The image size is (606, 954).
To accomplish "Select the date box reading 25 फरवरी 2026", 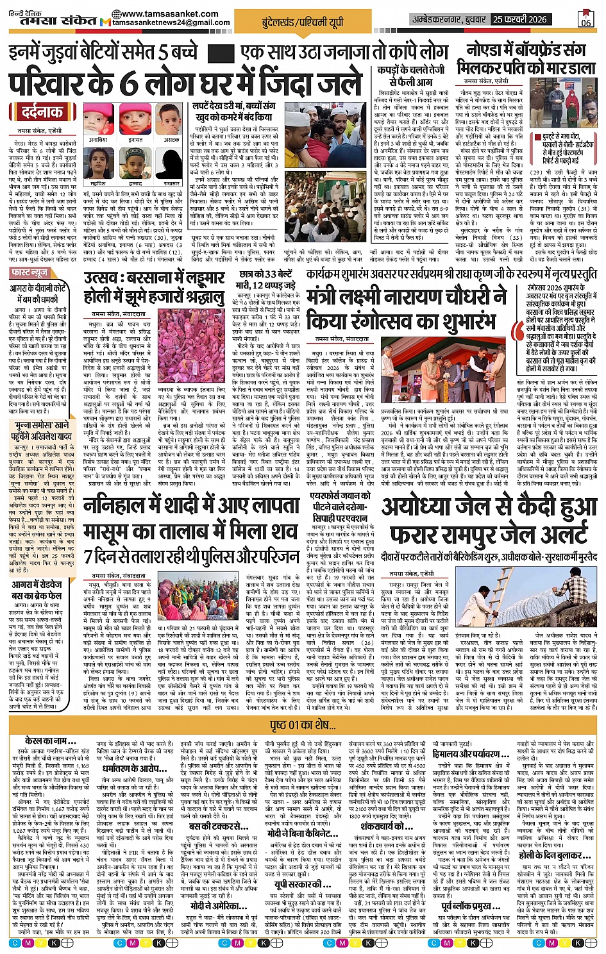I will pos(520,19).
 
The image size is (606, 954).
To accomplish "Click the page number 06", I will pos(585,19).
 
